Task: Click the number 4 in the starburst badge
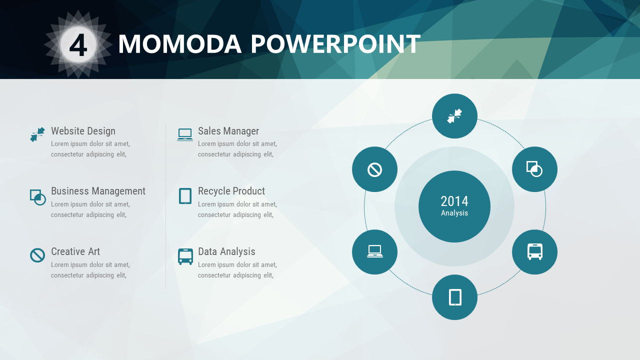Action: pyautogui.click(x=78, y=45)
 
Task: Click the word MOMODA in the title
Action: pyautogui.click(x=180, y=44)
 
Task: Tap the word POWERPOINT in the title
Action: pyautogui.click(x=335, y=44)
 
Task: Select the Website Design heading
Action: pyautogui.click(x=83, y=131)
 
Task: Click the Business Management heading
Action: pyautogui.click(x=98, y=191)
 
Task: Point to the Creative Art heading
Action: pyautogui.click(x=75, y=251)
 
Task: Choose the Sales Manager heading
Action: pyautogui.click(x=228, y=131)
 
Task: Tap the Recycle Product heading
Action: pyautogui.click(x=231, y=191)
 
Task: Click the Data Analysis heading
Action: pyautogui.click(x=226, y=251)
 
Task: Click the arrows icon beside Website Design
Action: pyautogui.click(x=37, y=134)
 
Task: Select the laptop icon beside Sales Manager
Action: pyautogui.click(x=185, y=135)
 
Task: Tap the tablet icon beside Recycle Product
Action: pyautogui.click(x=185, y=196)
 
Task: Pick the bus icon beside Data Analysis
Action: pyautogui.click(x=185, y=256)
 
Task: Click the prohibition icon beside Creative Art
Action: pyautogui.click(x=37, y=255)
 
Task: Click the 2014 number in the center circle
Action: pyautogui.click(x=454, y=201)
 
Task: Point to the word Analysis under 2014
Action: pyautogui.click(x=454, y=213)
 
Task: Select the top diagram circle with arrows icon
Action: pyautogui.click(x=454, y=116)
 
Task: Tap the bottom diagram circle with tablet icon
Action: pyautogui.click(x=454, y=297)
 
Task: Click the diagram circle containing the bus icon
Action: pyautogui.click(x=534, y=252)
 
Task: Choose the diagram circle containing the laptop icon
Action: pyautogui.click(x=374, y=252)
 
